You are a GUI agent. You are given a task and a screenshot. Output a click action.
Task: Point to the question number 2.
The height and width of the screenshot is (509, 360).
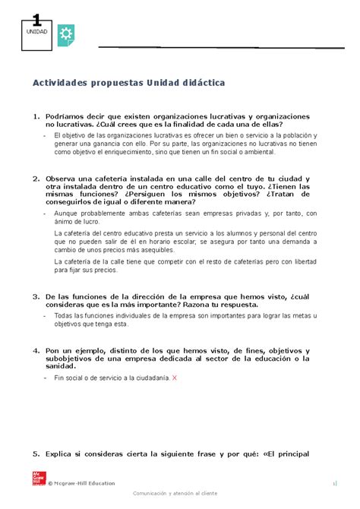click(35, 179)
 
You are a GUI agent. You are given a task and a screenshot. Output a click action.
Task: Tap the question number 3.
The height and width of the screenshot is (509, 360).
click(35, 296)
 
